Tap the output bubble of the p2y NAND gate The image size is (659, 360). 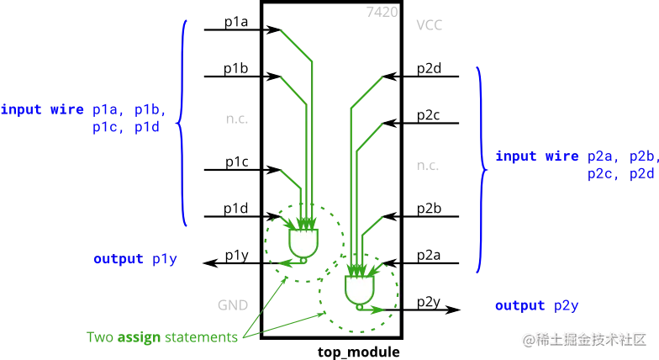pyautogui.click(x=359, y=308)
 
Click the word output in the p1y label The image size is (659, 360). pyautogui.click(x=113, y=259)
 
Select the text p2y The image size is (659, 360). pyautogui.click(x=568, y=304)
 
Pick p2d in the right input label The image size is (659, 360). pyautogui.click(x=642, y=174)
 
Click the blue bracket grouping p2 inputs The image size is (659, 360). pyautogui.click(x=482, y=168)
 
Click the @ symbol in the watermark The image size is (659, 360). pyautogui.click(x=528, y=339)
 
